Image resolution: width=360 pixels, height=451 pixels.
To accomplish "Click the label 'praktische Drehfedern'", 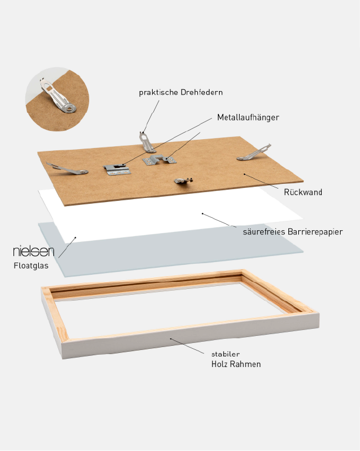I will (x=181, y=92).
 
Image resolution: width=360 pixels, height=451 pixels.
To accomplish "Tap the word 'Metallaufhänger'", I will (x=248, y=117).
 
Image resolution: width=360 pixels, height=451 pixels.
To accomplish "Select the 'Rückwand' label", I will (x=303, y=192).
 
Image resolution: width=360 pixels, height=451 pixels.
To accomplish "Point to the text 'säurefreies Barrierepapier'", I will (x=292, y=232).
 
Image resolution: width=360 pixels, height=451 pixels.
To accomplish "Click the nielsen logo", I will (x=33, y=251).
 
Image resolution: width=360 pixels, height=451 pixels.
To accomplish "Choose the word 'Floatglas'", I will (x=31, y=265).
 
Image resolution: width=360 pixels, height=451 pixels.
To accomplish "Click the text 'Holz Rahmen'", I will (x=236, y=364).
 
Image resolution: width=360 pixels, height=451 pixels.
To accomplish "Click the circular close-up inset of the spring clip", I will (x=57, y=96).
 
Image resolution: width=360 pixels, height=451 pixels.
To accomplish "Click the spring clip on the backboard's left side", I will (x=68, y=169).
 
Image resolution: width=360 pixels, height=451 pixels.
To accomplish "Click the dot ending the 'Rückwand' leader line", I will (x=244, y=174).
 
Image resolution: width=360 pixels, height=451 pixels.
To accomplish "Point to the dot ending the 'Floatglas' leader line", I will (x=75, y=237).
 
